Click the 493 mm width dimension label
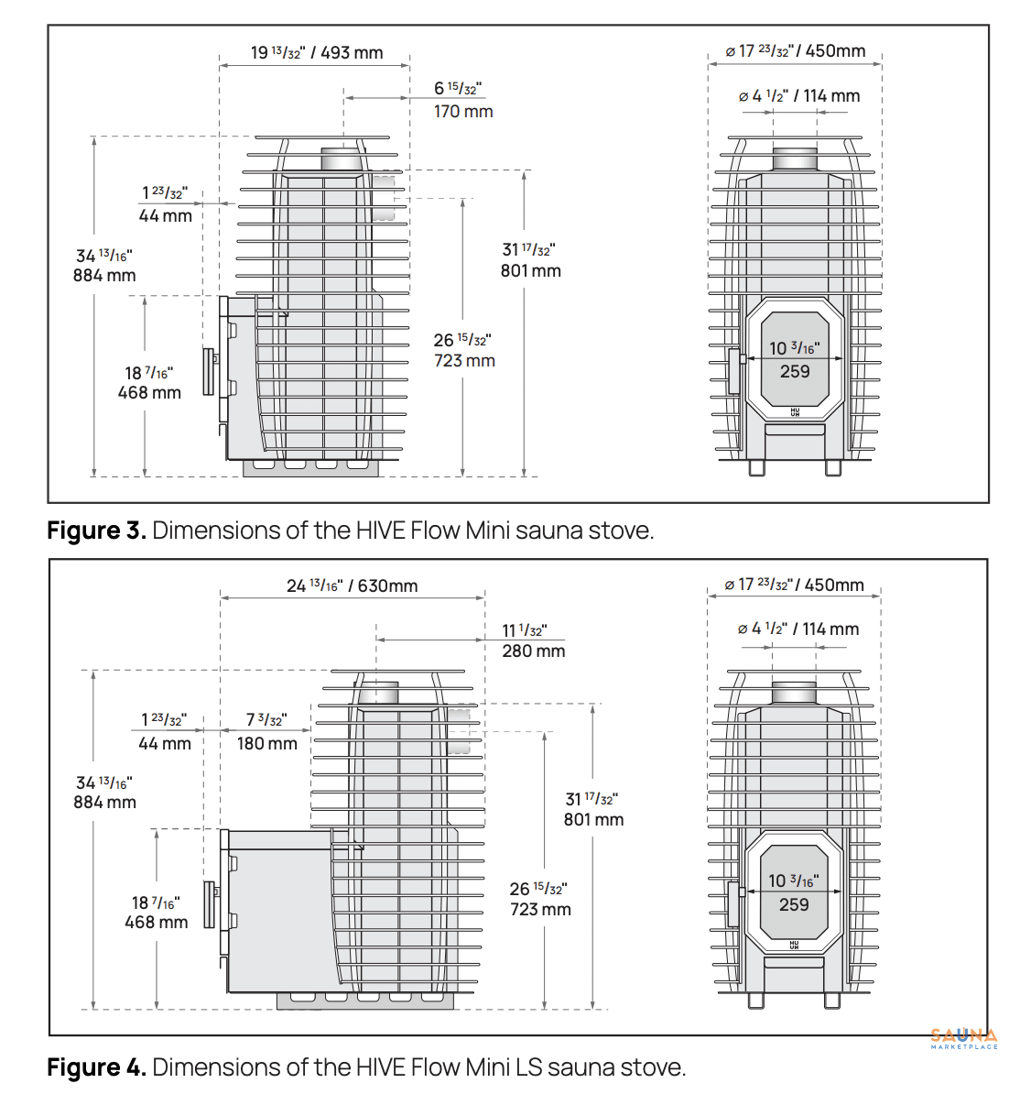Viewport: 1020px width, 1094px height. tap(352, 53)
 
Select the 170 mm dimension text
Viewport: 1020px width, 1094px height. tap(463, 112)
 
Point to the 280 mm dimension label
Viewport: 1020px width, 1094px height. tap(534, 651)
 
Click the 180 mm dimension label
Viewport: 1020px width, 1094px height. tap(267, 744)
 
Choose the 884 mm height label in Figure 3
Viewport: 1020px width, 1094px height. tap(104, 276)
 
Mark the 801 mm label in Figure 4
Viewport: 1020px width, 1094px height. tap(593, 820)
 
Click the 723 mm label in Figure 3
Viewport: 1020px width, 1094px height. tap(464, 361)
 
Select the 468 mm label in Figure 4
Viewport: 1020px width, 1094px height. tap(157, 923)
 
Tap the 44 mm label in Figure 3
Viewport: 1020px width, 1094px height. tap(166, 216)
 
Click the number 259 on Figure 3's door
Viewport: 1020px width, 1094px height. tap(795, 372)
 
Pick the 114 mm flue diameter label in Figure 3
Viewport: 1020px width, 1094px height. tap(831, 96)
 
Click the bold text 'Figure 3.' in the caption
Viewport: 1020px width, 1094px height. tap(97, 531)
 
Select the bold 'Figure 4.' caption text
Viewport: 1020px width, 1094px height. tap(97, 1067)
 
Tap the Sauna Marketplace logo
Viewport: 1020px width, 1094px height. tap(964, 1038)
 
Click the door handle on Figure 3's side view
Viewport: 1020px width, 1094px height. tap(209, 372)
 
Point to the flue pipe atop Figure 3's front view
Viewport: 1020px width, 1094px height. tap(795, 159)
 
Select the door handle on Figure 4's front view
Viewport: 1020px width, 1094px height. tap(732, 904)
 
